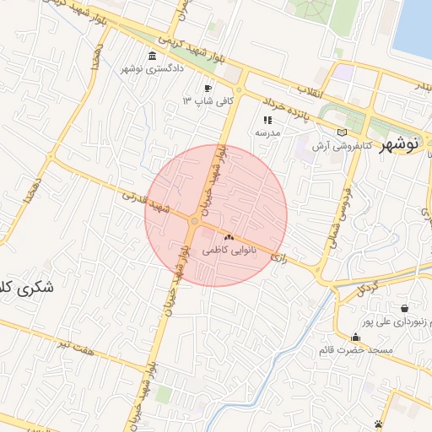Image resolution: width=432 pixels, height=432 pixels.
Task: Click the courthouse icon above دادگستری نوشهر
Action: coord(152,57)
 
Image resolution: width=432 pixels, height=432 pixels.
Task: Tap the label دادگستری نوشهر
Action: coord(152,69)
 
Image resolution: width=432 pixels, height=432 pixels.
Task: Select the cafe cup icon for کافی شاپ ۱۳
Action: coord(208,89)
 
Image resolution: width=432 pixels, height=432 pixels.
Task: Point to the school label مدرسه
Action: coord(267,132)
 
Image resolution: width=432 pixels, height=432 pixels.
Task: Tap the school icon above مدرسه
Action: coord(267,120)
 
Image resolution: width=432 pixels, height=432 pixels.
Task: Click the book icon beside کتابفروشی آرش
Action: coord(342,132)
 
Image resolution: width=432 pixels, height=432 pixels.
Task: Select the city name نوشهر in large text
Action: coord(398,144)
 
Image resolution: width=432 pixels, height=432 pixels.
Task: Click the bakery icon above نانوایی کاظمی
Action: coord(229,239)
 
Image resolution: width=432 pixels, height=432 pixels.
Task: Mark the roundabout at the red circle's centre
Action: coord(195,221)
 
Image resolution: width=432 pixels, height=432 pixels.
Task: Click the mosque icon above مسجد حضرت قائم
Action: coord(354,337)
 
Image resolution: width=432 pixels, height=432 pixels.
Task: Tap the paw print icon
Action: coord(379,423)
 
